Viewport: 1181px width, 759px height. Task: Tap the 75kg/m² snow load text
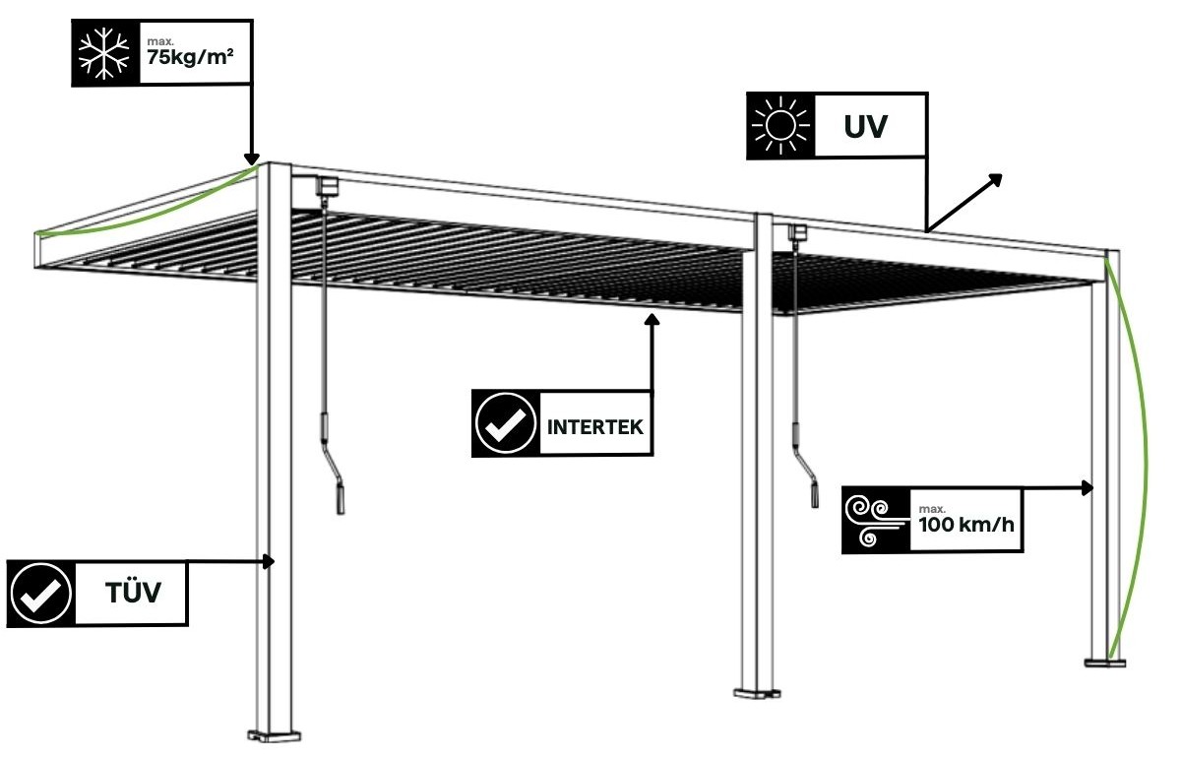coord(189,56)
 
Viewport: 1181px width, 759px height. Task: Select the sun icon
coord(778,126)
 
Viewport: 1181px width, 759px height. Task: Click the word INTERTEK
coord(594,427)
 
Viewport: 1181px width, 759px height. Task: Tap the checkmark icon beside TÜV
coord(40,594)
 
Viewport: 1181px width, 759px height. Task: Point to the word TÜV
coord(132,594)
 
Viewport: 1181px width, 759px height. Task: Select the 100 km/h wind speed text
coord(965,522)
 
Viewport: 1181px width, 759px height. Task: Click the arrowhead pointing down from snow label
coord(251,158)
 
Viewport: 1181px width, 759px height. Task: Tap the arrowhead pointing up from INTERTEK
coord(652,319)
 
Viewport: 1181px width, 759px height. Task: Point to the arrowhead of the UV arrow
coord(996,179)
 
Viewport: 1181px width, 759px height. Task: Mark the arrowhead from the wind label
coord(1088,487)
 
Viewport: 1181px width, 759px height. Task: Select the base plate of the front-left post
coord(275,733)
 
